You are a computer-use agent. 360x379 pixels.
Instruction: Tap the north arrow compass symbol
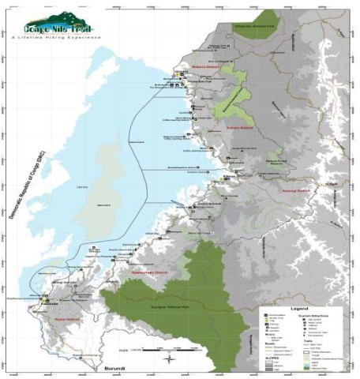(x=170, y=359)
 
